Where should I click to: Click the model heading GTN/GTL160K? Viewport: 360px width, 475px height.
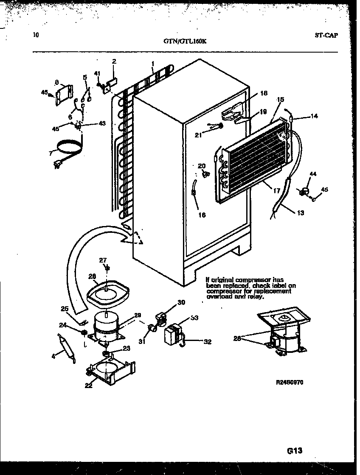185,42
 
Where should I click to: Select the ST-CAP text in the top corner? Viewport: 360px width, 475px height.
326,36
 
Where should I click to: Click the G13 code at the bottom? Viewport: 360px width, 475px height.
294,450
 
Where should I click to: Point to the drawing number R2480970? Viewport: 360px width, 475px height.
290,382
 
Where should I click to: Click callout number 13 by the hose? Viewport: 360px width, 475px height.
300,213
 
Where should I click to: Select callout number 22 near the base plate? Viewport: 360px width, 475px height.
88,386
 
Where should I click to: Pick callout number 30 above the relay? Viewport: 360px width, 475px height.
181,302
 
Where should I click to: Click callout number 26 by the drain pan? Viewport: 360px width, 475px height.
92,276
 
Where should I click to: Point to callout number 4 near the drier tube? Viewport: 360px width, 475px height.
53,356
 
